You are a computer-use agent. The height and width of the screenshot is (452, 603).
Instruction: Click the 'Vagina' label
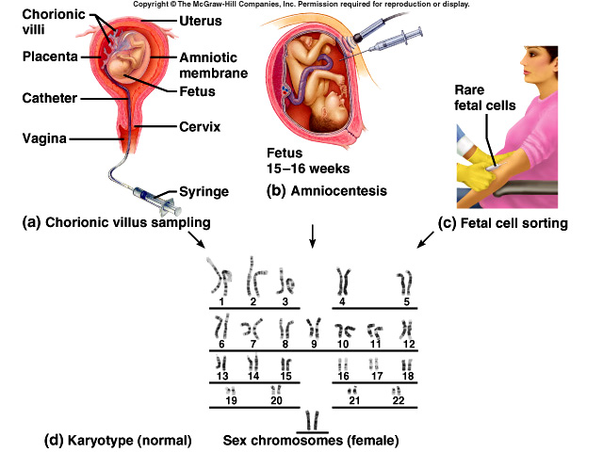coord(43,138)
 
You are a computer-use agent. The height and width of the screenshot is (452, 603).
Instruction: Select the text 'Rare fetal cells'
coord(490,98)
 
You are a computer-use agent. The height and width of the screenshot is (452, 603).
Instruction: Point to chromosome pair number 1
coord(220,278)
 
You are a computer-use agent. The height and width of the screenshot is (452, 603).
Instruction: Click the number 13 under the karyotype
coord(222,377)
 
